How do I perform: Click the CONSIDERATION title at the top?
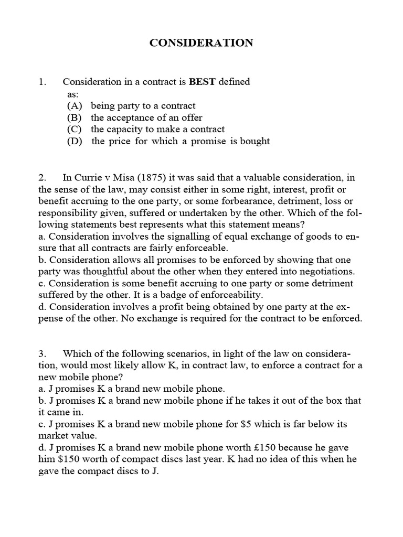tap(201, 43)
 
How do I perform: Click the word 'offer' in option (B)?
tap(190, 117)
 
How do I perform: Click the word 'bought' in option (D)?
tap(253, 142)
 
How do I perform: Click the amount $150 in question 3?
tap(66, 458)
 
